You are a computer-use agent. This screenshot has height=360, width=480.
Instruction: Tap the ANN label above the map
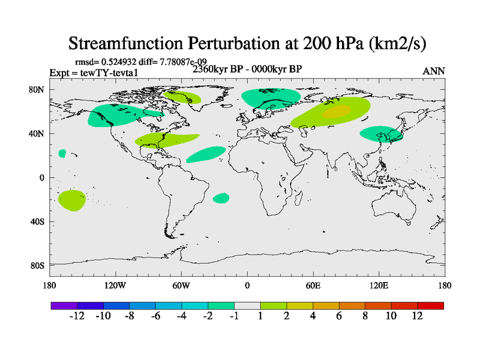tap(434, 71)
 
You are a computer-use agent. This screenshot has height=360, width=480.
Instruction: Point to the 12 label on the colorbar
tap(417, 316)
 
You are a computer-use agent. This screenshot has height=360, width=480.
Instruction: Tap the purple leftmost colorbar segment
tap(64, 305)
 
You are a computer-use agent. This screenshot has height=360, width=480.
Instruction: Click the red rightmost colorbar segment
tap(431, 305)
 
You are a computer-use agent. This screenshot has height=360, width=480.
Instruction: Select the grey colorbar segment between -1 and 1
tap(247, 305)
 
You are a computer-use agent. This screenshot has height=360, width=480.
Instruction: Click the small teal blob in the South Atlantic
tap(221, 197)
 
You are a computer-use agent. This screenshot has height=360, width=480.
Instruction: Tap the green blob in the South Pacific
tap(71, 200)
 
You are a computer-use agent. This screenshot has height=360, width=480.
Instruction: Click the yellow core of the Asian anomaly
tap(336, 112)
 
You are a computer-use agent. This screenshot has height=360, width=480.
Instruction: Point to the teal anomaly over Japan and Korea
tap(380, 134)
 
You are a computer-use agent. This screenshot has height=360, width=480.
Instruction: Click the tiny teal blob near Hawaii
tap(62, 154)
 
